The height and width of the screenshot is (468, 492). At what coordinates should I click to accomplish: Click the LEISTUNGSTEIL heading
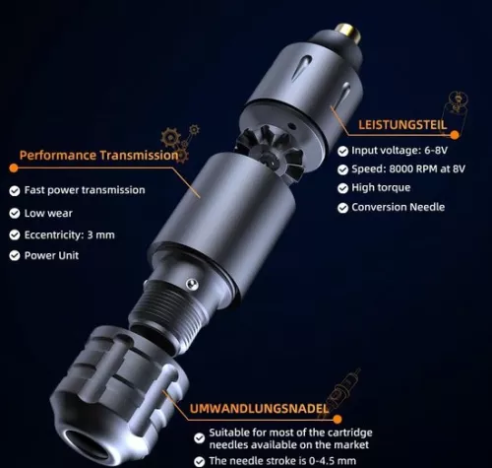pyautogui.click(x=402, y=125)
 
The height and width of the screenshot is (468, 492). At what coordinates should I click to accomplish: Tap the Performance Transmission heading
pyautogui.click(x=98, y=155)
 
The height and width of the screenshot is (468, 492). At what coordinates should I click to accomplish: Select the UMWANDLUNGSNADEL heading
pyautogui.click(x=259, y=408)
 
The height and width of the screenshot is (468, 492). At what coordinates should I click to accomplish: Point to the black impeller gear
pyautogui.click(x=271, y=153)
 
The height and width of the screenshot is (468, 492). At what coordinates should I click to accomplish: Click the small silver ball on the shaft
pyautogui.click(x=192, y=285)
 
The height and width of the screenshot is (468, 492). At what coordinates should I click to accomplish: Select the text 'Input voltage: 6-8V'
pyautogui.click(x=400, y=151)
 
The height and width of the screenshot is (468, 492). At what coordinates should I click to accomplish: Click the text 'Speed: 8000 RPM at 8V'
pyautogui.click(x=408, y=168)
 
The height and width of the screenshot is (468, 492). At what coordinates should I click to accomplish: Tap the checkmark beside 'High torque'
pyautogui.click(x=342, y=188)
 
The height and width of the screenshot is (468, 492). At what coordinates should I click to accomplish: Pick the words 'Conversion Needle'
pyautogui.click(x=399, y=207)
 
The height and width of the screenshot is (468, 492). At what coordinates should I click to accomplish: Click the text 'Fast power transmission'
pyautogui.click(x=85, y=190)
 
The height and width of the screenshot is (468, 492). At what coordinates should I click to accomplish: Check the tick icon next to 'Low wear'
pyautogui.click(x=15, y=214)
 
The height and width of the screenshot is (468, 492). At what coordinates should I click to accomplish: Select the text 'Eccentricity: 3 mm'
pyautogui.click(x=70, y=234)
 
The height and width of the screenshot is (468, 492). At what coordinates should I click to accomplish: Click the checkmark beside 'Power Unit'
pyautogui.click(x=15, y=255)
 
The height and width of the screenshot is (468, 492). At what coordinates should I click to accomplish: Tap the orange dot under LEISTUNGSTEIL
pyautogui.click(x=455, y=135)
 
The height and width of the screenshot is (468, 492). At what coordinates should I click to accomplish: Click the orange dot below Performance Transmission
pyautogui.click(x=14, y=167)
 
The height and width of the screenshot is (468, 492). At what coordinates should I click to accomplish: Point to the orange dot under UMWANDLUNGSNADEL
pyautogui.click(x=338, y=419)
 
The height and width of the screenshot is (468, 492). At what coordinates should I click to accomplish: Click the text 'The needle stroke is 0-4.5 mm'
pyautogui.click(x=282, y=461)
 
